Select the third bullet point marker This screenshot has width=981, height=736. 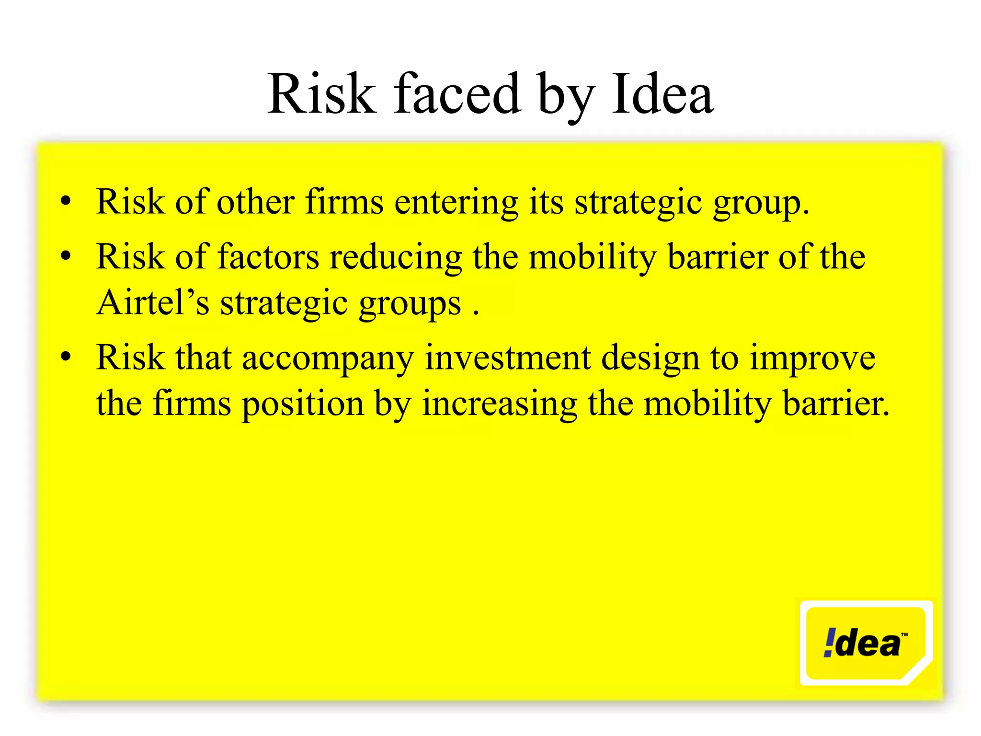pyautogui.click(x=66, y=356)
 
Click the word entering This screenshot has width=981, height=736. pyautogui.click(x=456, y=202)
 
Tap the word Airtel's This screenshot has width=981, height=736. pyautogui.click(x=153, y=302)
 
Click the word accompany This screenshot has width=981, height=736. pyautogui.click(x=328, y=358)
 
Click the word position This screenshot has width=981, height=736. pyautogui.click(x=303, y=404)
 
